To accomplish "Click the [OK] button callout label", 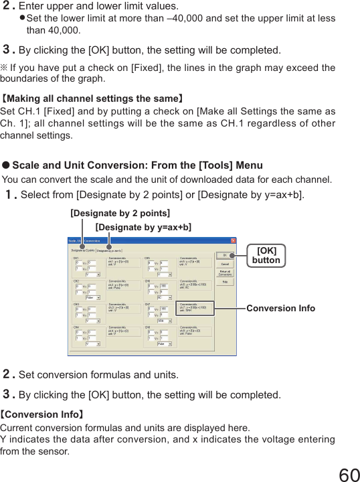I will click(266, 255).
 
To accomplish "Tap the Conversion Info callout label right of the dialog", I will click(280, 308).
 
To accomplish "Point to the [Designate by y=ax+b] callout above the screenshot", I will click(143, 228).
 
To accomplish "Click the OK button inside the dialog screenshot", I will click(225, 254).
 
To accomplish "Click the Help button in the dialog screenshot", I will click(225, 281).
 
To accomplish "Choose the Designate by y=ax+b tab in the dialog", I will click(112, 249).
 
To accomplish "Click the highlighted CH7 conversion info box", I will click(195, 308).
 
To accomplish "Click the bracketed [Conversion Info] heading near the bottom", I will click(42, 414).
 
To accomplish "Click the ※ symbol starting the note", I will click(4, 68).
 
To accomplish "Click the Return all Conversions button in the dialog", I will click(225, 272).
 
